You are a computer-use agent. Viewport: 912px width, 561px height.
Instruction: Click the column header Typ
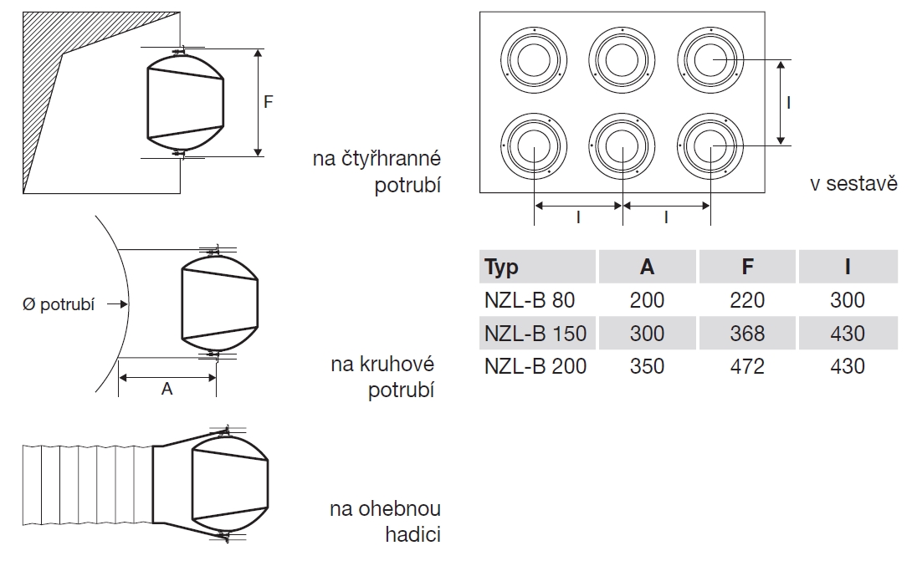(x=502, y=267)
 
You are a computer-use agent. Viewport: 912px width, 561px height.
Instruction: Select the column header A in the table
(x=647, y=267)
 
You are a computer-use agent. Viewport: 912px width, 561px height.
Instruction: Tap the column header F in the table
(x=747, y=267)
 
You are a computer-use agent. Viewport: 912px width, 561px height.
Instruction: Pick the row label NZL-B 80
(x=530, y=299)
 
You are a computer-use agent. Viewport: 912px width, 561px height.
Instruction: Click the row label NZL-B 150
(x=535, y=333)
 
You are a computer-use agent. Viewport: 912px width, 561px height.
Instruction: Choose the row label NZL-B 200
(x=535, y=366)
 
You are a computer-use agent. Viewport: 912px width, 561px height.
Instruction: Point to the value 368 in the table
(x=747, y=333)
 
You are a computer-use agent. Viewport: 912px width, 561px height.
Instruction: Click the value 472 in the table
(x=747, y=366)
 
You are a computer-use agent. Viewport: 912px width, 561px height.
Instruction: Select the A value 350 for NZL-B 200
(x=647, y=366)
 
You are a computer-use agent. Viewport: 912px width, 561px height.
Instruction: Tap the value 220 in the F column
(x=747, y=299)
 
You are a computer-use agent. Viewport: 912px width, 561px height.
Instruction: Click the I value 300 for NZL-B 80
(x=848, y=299)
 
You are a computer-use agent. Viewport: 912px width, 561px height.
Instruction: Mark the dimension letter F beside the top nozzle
(x=268, y=102)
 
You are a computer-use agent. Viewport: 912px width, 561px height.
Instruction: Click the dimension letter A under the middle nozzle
(x=167, y=390)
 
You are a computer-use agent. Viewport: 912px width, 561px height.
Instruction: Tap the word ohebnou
(x=401, y=509)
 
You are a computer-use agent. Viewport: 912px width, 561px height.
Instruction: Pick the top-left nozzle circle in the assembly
(x=534, y=60)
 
